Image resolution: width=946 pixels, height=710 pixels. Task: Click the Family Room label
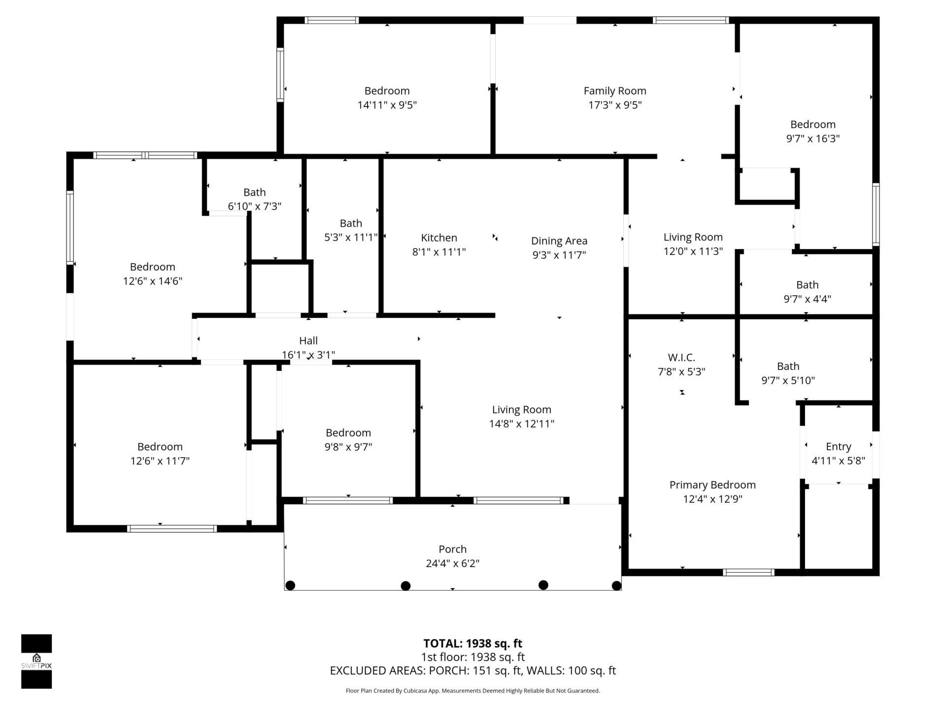coord(614,91)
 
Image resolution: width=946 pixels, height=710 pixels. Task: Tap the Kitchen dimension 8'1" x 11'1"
coord(439,252)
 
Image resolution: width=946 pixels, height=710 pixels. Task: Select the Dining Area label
coord(559,241)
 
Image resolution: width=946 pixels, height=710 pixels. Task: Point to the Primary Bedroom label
coord(712,485)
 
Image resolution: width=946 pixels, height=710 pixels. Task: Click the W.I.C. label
coord(681,357)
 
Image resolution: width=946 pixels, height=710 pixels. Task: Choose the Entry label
coord(838,447)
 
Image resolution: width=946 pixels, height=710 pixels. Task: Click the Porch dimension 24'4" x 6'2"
coord(452,563)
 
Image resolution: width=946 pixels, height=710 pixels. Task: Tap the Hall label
coord(308,341)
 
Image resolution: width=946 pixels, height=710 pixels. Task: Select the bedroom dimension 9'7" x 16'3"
coord(812,139)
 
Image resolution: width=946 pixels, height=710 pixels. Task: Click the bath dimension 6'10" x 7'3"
coord(254,206)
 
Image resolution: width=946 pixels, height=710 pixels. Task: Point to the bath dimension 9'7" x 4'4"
coord(807,299)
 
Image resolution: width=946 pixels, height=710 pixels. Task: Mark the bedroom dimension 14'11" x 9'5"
coord(387,105)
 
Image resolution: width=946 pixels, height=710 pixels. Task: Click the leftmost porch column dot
coord(290,585)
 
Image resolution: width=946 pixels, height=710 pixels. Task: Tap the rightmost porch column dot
coord(616,586)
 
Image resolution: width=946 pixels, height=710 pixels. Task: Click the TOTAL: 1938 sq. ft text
coord(473,643)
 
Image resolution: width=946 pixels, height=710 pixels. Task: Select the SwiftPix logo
coord(36,661)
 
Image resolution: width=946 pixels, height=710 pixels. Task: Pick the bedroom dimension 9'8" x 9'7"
coord(348,447)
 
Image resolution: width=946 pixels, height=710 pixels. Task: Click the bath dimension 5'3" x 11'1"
coord(350,238)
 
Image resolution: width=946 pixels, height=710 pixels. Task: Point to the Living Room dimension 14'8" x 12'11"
coord(521,424)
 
